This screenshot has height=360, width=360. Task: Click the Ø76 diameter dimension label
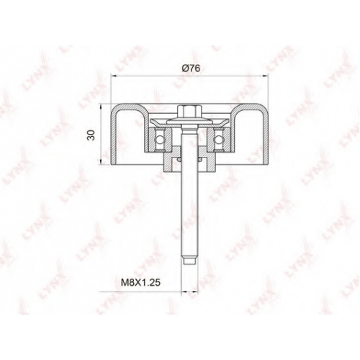coord(191,68)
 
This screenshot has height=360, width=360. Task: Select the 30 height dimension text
coord(91,135)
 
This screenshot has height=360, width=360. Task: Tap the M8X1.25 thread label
coord(140,282)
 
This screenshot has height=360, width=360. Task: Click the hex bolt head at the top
coord(189,112)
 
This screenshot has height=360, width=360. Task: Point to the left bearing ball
coord(160,139)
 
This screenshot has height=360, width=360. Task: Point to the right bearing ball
coord(219,139)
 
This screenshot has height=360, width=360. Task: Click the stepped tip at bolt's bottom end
coord(189,261)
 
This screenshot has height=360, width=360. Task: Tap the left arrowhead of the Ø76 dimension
coord(113,76)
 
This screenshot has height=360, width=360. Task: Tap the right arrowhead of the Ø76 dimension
coord(266,76)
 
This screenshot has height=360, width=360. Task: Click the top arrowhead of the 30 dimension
coord(101,107)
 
